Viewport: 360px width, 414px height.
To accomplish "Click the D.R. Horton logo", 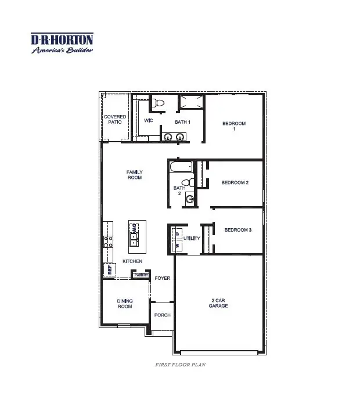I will tap(62, 44).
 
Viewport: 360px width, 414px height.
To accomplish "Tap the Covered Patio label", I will tap(115, 119).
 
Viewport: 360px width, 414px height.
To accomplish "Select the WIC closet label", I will tap(148, 121).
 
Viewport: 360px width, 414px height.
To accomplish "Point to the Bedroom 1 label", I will tap(234, 126).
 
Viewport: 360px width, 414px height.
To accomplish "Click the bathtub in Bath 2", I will tap(181, 168).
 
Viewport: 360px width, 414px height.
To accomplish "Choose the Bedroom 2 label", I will tap(235, 183).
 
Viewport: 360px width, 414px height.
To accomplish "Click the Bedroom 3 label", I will tap(238, 231).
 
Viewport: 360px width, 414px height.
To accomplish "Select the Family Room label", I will tap(135, 175).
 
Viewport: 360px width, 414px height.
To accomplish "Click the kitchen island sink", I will tap(134, 235).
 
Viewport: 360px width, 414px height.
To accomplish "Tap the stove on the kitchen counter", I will tap(108, 242).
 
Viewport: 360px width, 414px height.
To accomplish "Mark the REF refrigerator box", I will tap(109, 269).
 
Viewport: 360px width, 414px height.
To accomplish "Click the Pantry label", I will tap(142, 275).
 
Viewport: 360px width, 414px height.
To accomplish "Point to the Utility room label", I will tap(192, 239).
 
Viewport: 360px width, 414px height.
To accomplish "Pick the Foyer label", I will tap(163, 279).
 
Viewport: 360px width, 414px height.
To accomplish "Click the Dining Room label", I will tap(125, 304).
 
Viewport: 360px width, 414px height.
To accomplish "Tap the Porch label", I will tap(163, 315).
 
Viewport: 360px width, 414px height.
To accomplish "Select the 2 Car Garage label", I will tap(218, 303).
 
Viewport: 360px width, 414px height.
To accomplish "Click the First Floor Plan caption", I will tap(181, 365).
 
